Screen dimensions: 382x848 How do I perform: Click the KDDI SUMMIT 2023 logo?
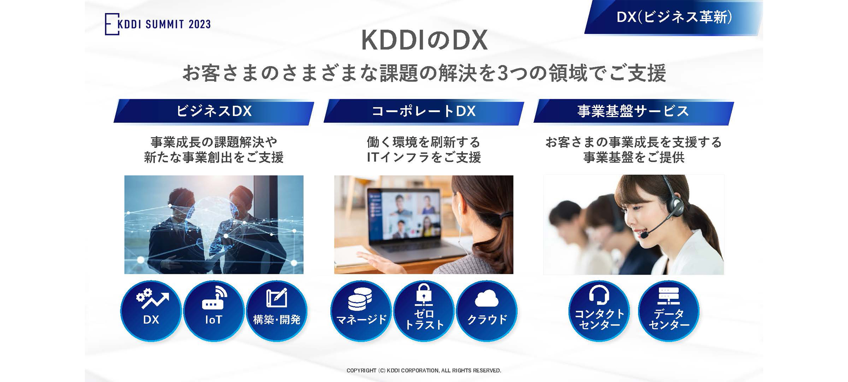(x=158, y=24)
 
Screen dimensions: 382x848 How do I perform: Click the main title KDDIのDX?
(x=424, y=41)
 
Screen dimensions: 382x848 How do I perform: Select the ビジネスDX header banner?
(x=214, y=112)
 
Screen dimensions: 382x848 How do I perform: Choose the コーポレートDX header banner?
(x=424, y=112)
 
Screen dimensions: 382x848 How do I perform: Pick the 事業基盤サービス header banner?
(x=633, y=112)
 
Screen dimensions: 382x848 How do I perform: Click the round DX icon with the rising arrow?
(x=151, y=311)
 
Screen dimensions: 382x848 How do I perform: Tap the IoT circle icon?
(x=214, y=311)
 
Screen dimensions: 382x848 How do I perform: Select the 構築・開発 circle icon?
(x=276, y=311)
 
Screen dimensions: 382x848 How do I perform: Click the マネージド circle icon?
(x=361, y=311)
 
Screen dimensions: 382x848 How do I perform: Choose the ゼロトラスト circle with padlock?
(x=424, y=311)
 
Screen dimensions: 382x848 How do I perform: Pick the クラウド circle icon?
(x=487, y=311)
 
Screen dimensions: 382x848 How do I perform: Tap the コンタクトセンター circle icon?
(x=599, y=311)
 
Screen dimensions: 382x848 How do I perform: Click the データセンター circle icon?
(x=669, y=311)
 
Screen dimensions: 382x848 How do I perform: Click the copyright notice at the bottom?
(x=424, y=371)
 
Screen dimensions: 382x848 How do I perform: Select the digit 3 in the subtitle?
(x=503, y=73)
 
